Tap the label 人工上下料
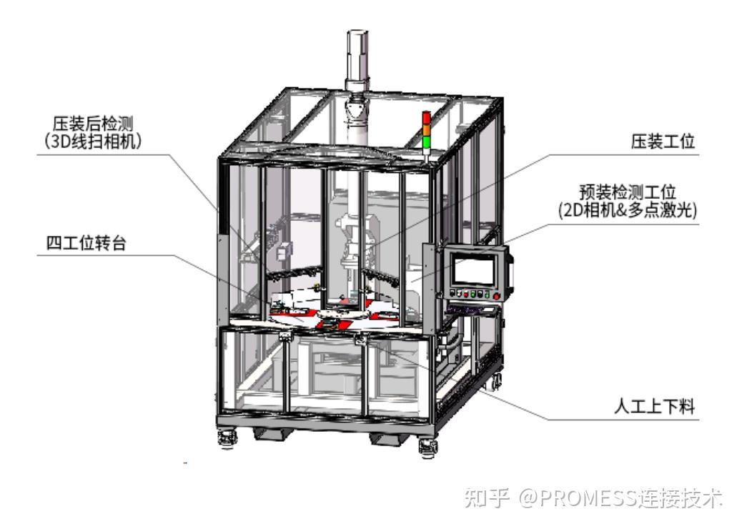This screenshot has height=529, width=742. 654,407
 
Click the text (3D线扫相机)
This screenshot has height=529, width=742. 90,141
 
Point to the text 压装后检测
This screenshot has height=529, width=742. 90,123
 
